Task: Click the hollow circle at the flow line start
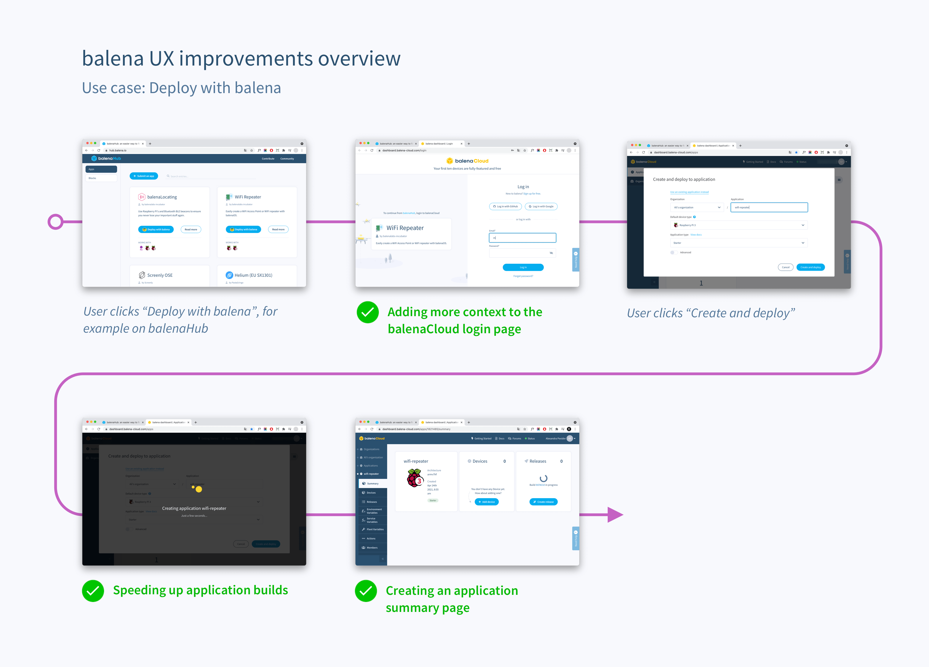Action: (55, 222)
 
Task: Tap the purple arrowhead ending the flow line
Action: (614, 515)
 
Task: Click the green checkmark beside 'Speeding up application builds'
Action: (93, 591)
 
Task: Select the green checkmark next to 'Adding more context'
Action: (367, 312)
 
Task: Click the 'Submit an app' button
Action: (144, 176)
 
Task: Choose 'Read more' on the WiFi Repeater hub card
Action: (278, 229)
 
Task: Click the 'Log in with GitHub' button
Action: (506, 207)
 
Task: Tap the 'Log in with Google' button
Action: (541, 207)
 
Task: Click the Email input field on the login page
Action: (522, 238)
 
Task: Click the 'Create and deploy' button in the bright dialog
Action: (810, 267)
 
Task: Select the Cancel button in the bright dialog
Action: (785, 267)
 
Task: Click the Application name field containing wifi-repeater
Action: (769, 207)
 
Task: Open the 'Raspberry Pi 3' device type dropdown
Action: (739, 225)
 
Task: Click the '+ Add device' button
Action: (487, 502)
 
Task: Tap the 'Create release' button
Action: (543, 502)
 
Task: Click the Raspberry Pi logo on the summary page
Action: (415, 478)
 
